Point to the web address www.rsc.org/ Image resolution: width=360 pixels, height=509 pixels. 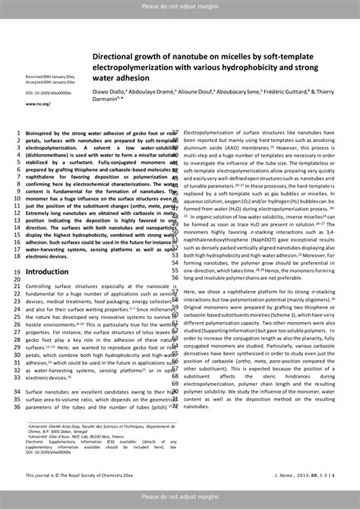tap(37, 103)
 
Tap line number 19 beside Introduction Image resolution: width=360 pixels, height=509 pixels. tap(17, 271)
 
